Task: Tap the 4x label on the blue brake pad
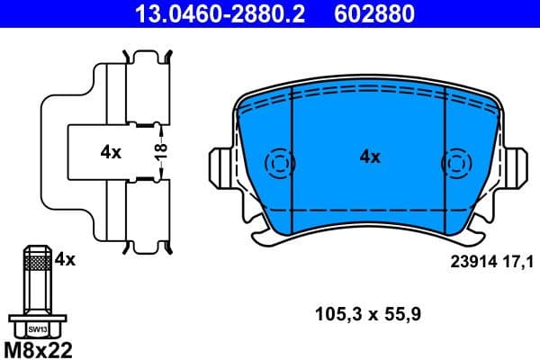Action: pos(369,157)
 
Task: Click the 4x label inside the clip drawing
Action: pos(111,153)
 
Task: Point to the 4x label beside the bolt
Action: pos(64,259)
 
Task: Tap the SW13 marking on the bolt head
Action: pos(36,330)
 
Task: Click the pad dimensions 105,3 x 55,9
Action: pos(370,315)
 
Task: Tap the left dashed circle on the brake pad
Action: pos(279,164)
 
